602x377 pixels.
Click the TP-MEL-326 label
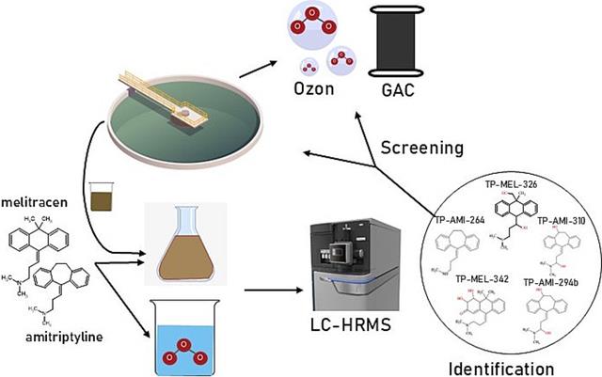[x=509, y=184]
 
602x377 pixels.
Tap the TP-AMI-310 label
[x=562, y=220]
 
